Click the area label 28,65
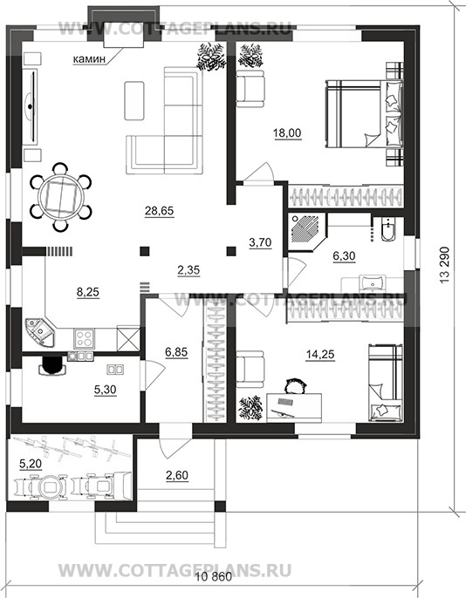pos(159,210)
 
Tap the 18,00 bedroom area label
pos(287,133)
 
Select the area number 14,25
pos(320,354)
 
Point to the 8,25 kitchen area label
pos(88,292)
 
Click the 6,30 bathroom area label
pos(344,256)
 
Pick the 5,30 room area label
pos(105,390)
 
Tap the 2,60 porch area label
pos(177,475)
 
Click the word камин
pos(89,59)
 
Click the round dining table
pos(60,197)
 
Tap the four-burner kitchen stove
pos(84,338)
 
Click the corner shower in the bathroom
pos(306,231)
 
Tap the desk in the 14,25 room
pos(294,407)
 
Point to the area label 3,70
pos(260,242)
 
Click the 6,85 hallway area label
pos(176,351)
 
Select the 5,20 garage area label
pos(31,464)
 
